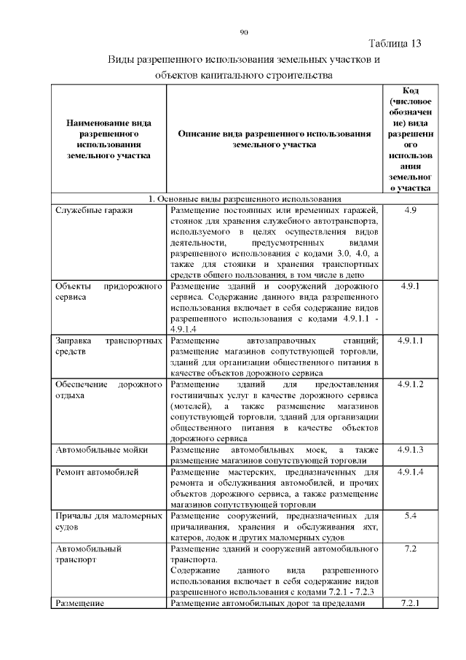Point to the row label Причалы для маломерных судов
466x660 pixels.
(108, 521)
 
